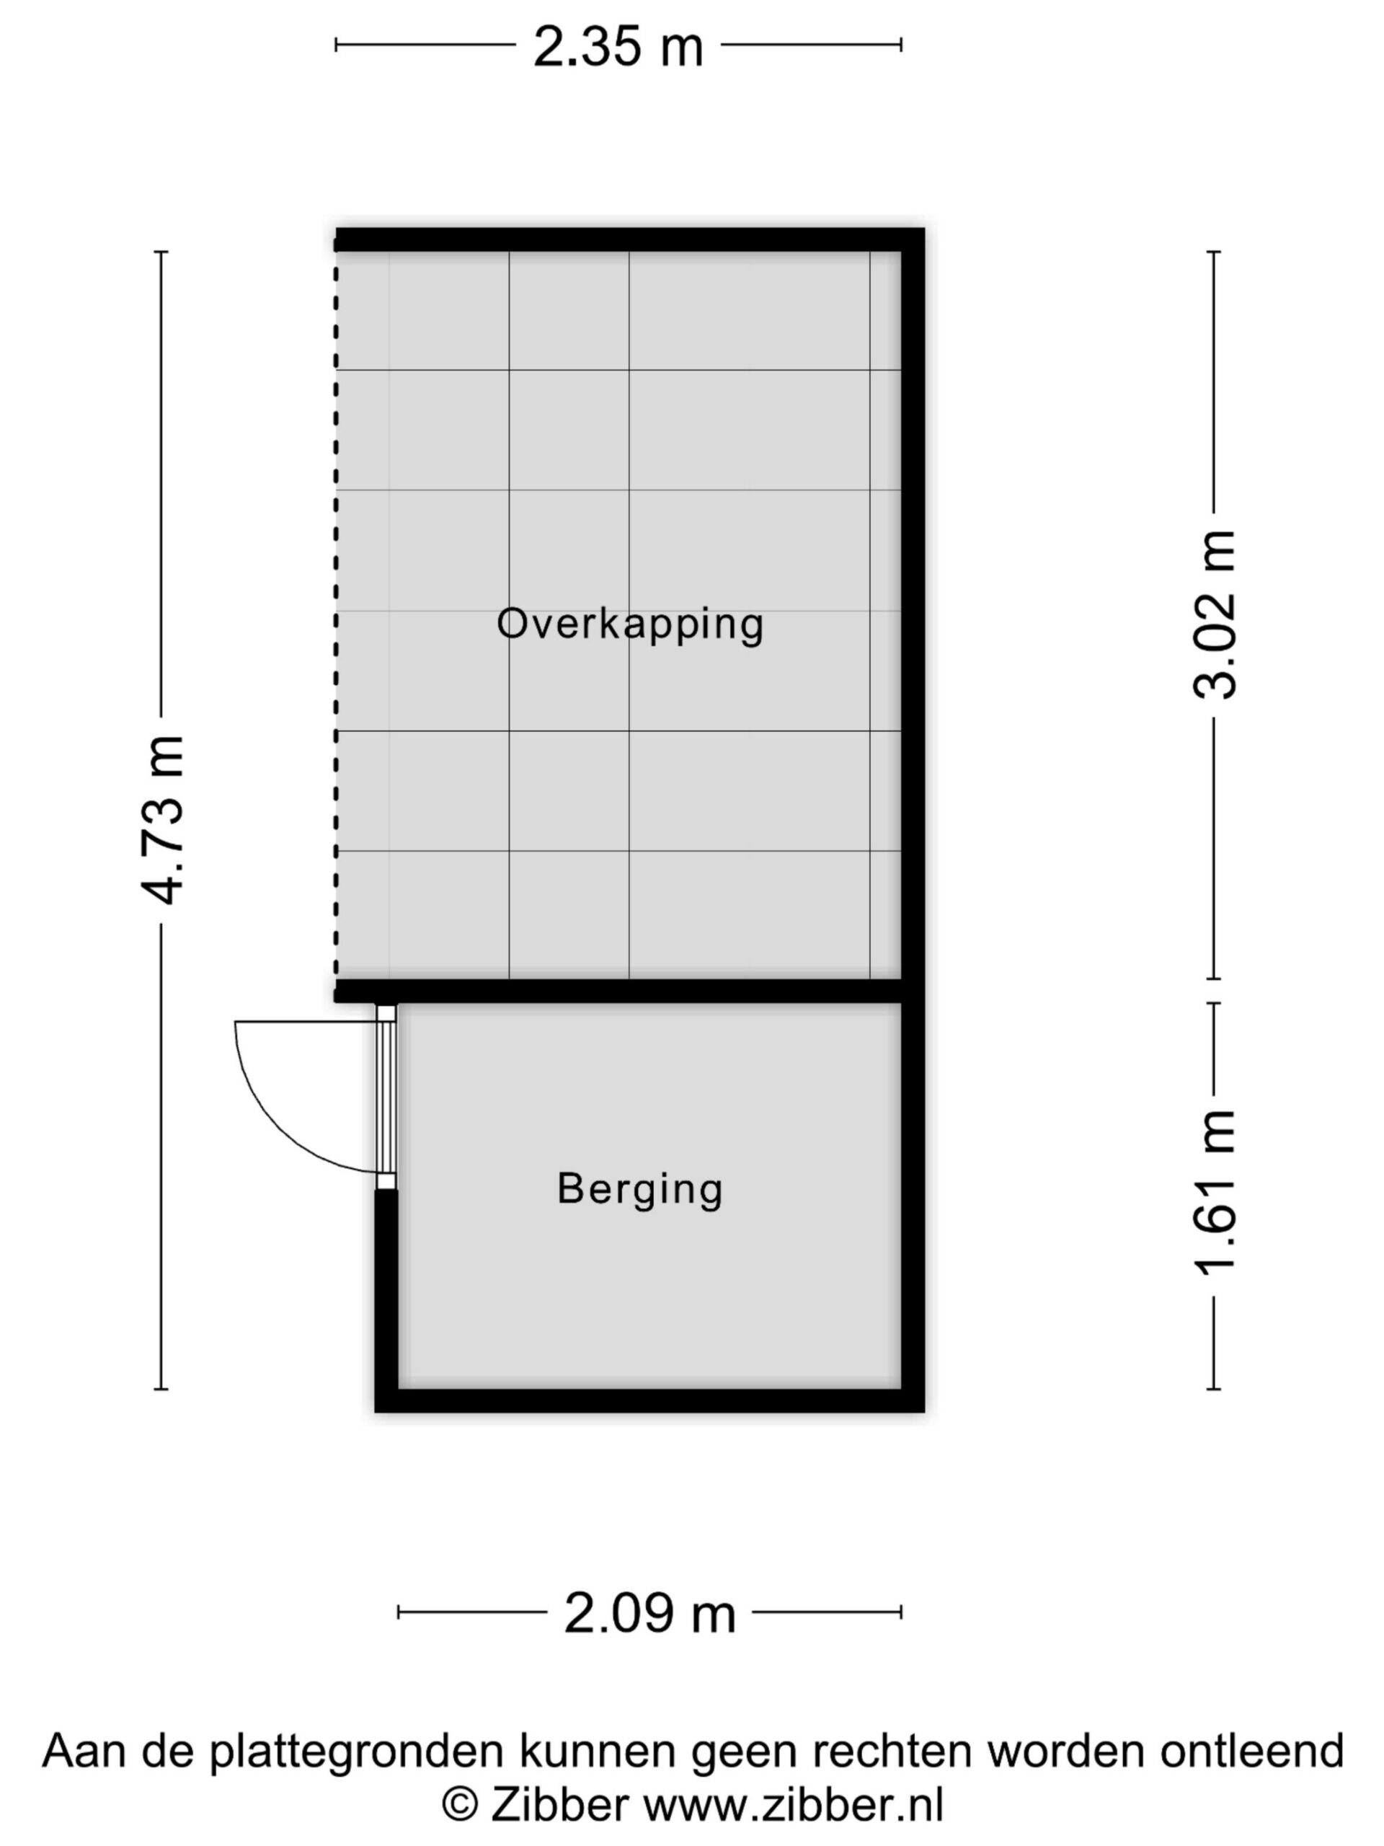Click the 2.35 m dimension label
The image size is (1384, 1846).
(618, 47)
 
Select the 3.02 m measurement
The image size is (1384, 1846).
(1214, 614)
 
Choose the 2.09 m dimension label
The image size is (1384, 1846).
(650, 1613)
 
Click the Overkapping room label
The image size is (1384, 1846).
(630, 624)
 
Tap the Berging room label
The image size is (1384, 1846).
(640, 1188)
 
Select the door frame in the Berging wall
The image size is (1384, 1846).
(386, 1097)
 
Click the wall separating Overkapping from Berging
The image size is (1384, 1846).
(618, 991)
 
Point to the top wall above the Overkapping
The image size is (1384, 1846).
(630, 239)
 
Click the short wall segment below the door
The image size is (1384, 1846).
(386, 1289)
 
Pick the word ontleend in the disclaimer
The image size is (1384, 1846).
(1252, 1749)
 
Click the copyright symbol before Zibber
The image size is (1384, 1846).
(459, 1806)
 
